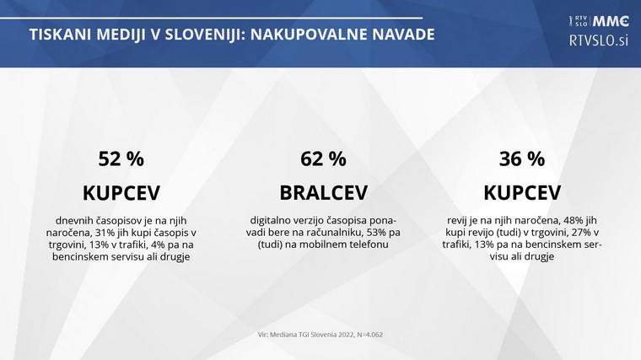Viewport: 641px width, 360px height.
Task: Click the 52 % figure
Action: point(121,159)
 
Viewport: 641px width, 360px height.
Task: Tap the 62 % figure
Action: point(323,159)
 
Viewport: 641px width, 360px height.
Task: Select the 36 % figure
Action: point(523,159)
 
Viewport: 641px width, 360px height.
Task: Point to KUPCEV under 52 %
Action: point(121,191)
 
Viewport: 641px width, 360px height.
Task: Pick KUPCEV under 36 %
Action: point(523,191)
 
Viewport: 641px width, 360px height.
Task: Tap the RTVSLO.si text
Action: point(600,40)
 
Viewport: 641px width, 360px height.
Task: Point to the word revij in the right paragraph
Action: point(458,220)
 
